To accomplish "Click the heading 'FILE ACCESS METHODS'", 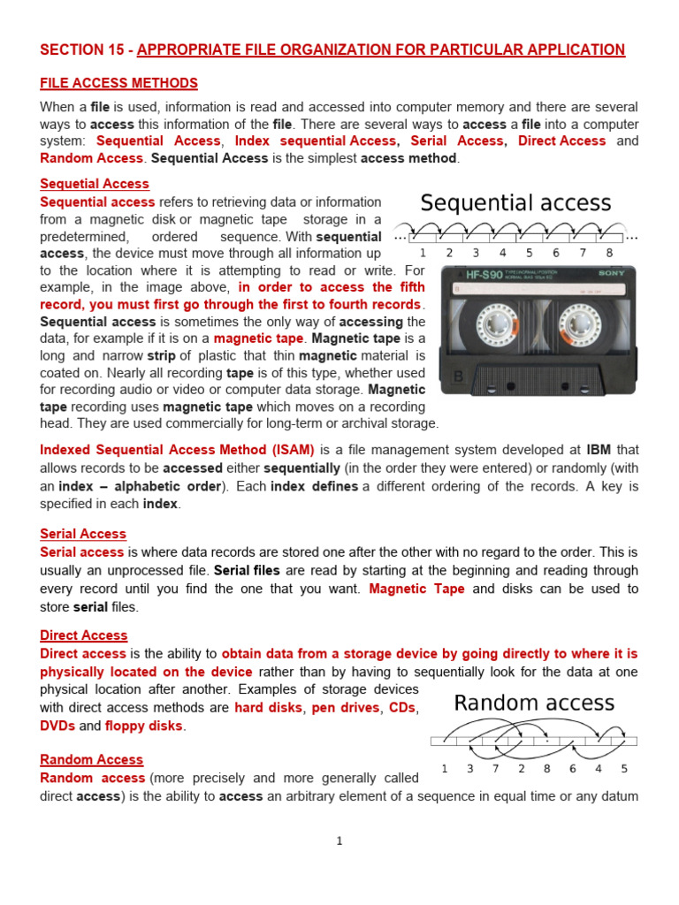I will pyautogui.click(x=118, y=83).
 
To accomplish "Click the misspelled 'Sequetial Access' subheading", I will pyautogui.click(x=95, y=184).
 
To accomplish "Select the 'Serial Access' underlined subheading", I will pyautogui.click(x=83, y=534).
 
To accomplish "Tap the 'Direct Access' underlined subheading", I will pyautogui.click(x=84, y=635).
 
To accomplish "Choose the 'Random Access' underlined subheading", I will pyautogui.click(x=91, y=759).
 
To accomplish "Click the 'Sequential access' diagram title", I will pyautogui.click(x=515, y=203).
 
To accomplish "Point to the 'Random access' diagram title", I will pyautogui.click(x=533, y=703).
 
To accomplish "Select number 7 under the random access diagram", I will pyautogui.click(x=495, y=769).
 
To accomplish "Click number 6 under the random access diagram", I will pyautogui.click(x=572, y=769).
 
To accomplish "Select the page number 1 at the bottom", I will pyautogui.click(x=339, y=840).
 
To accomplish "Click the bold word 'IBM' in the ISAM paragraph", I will pyautogui.click(x=599, y=450).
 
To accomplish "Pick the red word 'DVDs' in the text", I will pyautogui.click(x=57, y=726).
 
